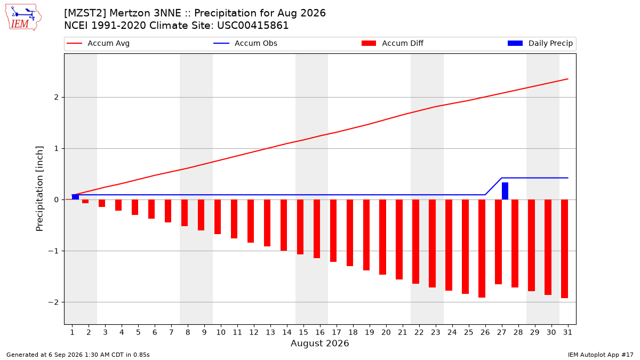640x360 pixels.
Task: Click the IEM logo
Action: [23, 17]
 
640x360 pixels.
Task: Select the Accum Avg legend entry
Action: [98, 43]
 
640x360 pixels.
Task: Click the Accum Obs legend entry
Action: [245, 43]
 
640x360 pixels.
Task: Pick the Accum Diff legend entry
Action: [393, 43]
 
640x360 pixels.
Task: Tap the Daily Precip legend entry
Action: [540, 43]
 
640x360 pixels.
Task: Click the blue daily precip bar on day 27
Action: [505, 191]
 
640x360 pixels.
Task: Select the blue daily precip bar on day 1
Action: [75, 197]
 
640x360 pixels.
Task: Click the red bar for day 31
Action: [564, 249]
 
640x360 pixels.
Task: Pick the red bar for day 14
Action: [284, 225]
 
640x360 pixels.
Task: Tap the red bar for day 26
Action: [482, 249]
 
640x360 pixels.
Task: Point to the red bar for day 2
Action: [85, 202]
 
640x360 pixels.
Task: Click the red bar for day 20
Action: [382, 237]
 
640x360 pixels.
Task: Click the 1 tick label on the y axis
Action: [57, 149]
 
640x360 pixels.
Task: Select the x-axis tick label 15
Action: [303, 332]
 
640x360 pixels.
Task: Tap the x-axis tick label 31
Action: [567, 332]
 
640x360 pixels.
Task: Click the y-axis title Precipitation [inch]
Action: [39, 189]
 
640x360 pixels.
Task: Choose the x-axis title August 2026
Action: [319, 343]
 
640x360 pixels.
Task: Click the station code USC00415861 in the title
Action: [253, 26]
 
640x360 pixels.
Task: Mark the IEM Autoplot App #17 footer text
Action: [601, 355]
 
